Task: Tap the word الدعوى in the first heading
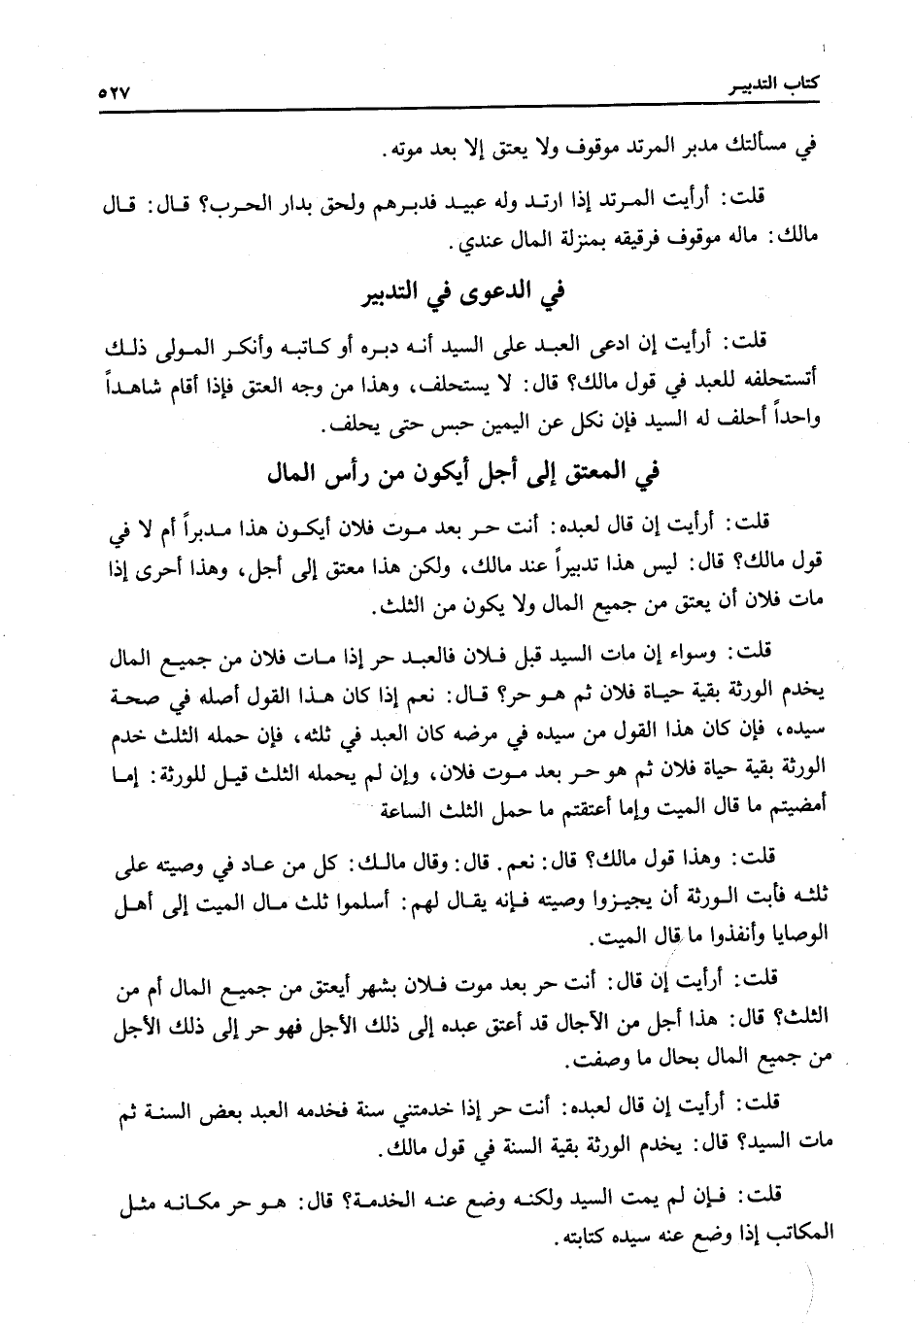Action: (495, 293)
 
